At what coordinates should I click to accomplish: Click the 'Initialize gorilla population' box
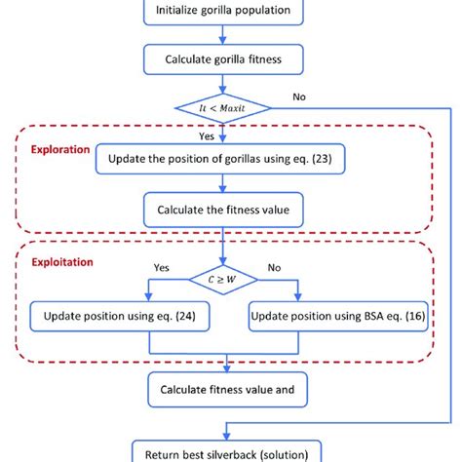coord(229,14)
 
